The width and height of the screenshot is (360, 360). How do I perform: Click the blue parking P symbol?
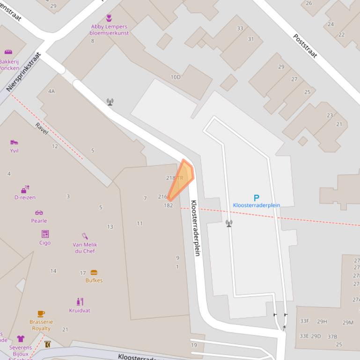click(256, 198)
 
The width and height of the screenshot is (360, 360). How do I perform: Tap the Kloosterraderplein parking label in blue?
click(256, 205)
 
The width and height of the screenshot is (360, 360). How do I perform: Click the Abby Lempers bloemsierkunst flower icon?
click(109, 18)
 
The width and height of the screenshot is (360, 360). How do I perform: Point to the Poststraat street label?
click(305, 46)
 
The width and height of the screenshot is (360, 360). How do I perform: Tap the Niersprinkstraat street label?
click(24, 72)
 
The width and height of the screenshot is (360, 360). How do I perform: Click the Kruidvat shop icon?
click(80, 302)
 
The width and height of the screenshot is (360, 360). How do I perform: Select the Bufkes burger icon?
click(94, 273)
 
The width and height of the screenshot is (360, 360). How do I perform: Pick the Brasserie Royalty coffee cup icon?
click(41, 314)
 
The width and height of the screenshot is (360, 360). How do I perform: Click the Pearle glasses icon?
click(39, 213)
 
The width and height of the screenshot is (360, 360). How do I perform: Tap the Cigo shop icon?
click(45, 234)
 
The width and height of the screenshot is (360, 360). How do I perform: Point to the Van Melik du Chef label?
click(85, 248)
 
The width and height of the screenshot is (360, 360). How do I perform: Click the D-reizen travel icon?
click(25, 189)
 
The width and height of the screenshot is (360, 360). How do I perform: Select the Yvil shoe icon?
click(14, 142)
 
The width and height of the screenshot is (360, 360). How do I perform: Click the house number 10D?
click(175, 77)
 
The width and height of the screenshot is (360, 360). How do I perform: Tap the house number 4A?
click(51, 91)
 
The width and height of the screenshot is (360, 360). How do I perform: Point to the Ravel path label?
click(42, 129)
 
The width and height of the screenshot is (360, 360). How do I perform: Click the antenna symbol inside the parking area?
click(229, 223)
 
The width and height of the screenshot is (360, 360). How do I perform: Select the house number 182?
click(168, 205)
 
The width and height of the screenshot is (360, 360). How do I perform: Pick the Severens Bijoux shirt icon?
click(21, 338)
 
